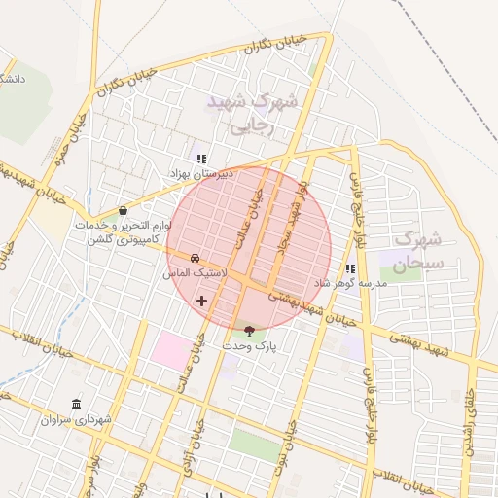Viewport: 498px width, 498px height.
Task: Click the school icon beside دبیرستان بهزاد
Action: click(201, 159)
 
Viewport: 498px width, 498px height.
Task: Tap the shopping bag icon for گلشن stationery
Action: click(123, 210)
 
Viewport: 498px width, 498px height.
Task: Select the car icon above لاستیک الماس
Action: click(196, 259)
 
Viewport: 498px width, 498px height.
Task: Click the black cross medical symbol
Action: click(202, 301)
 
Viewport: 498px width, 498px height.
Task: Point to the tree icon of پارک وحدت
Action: click(250, 331)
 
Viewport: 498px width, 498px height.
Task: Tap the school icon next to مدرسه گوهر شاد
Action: click(350, 269)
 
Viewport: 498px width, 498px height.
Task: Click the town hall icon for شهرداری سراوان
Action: click(77, 405)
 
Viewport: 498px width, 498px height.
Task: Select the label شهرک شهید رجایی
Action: click(249, 113)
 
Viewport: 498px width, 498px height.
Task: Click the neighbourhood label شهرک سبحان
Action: click(420, 251)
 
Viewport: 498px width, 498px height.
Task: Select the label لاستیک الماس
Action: click(195, 274)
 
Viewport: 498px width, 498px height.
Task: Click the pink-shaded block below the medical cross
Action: click(172, 349)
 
